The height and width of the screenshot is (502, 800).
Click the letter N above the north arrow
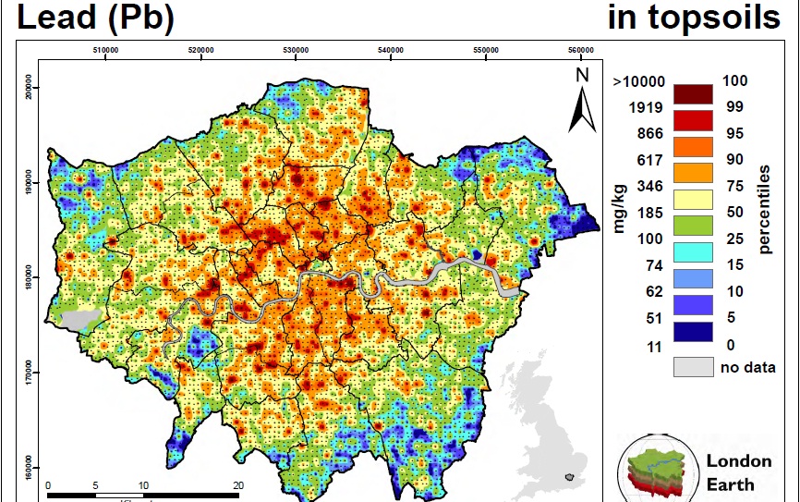click(x=582, y=75)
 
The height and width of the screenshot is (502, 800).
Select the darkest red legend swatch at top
click(x=693, y=93)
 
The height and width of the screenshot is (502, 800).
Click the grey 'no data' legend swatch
click(x=693, y=367)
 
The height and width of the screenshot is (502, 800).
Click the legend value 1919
click(x=646, y=108)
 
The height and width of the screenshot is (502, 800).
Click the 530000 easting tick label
click(x=296, y=51)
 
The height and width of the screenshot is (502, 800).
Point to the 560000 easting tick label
click(x=580, y=51)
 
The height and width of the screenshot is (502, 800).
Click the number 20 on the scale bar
click(x=237, y=484)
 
